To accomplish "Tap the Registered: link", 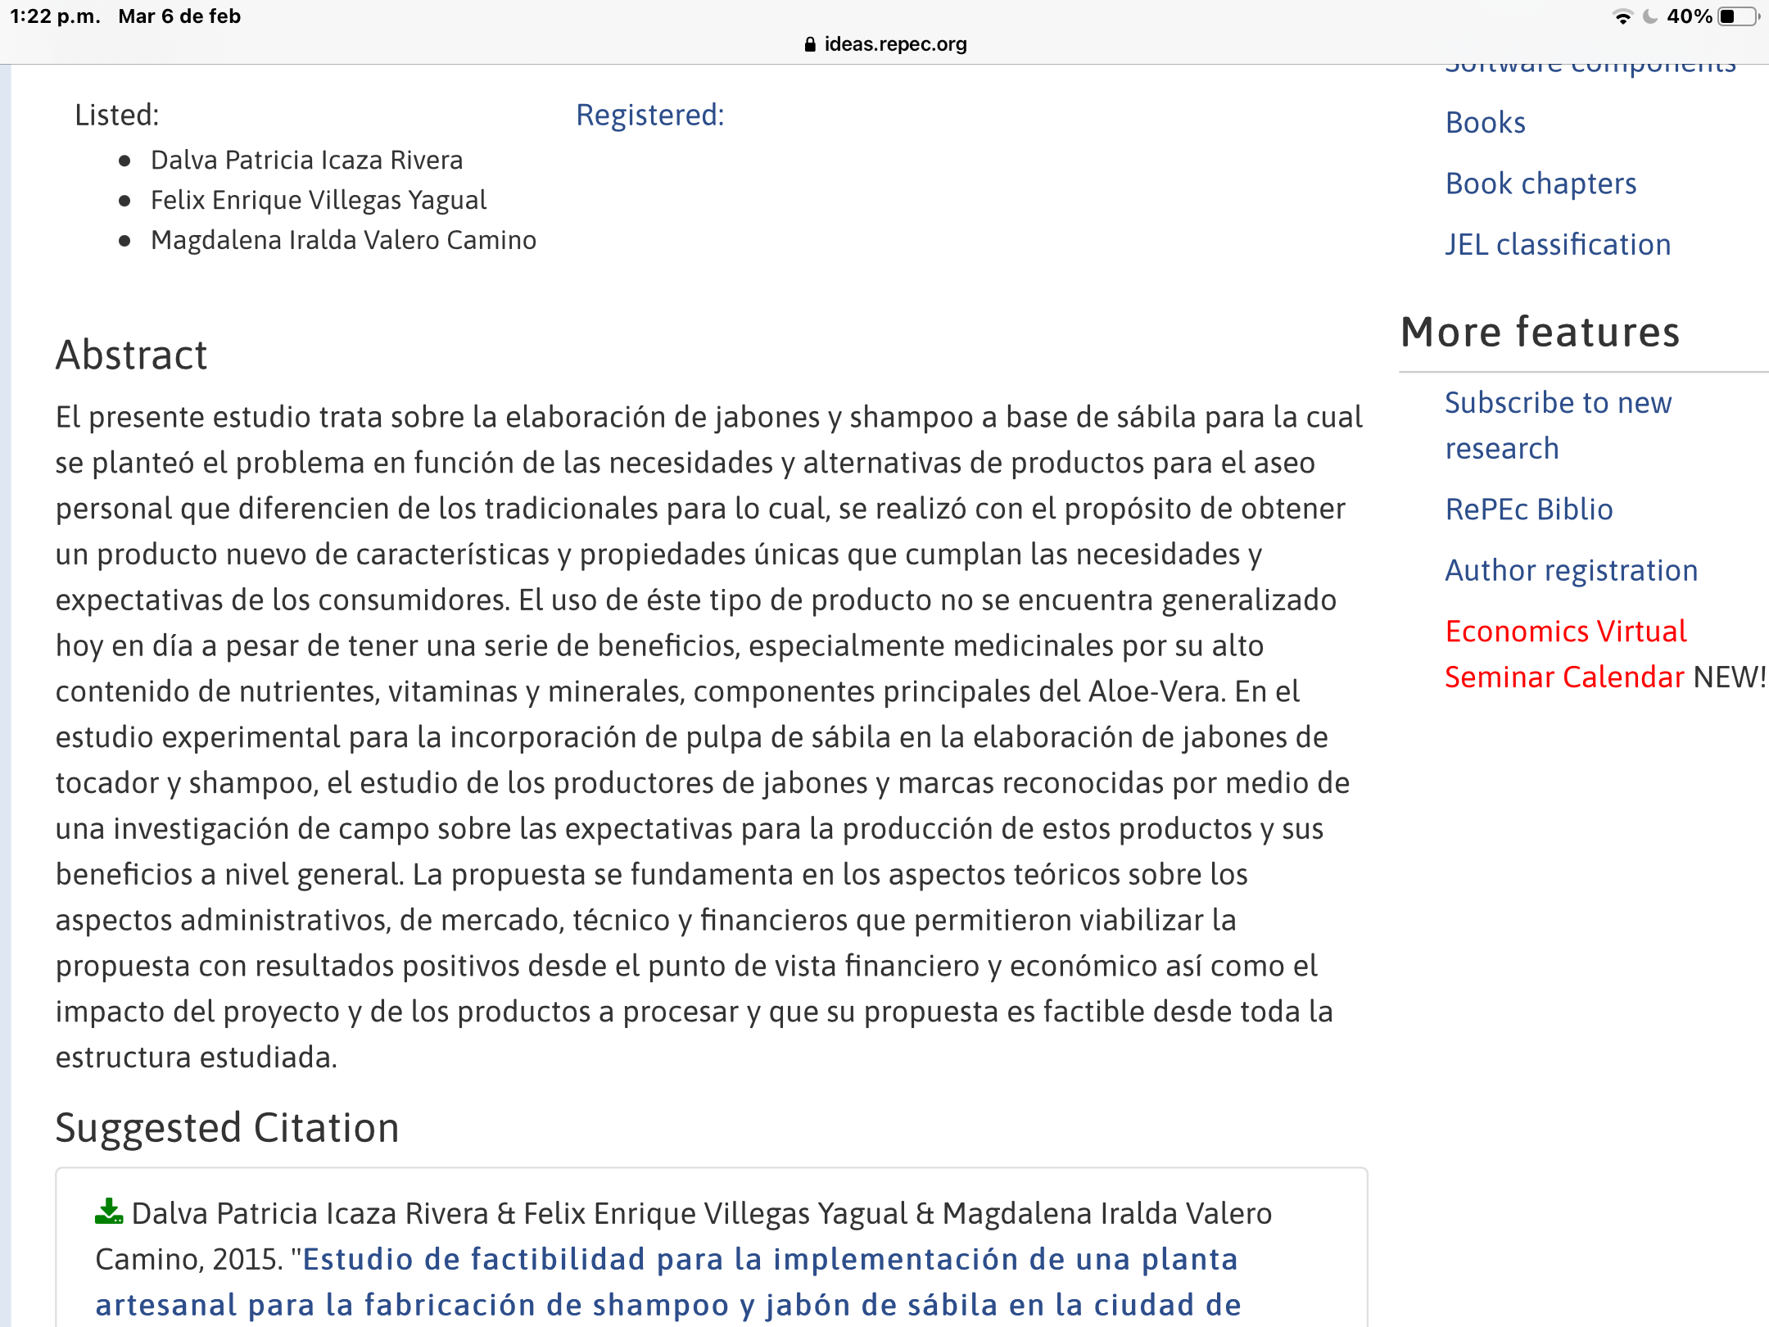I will coord(650,115).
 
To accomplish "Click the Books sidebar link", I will coord(1485,123).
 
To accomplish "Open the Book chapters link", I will coord(1541,183).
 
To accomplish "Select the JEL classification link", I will coord(1557,245).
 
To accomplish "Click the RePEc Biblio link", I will coord(1528,510).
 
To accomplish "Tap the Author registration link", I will coord(1571,571).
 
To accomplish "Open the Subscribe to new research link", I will coord(1557,425).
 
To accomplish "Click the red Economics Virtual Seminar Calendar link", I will coord(1564,654).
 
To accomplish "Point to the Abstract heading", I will coord(131,356).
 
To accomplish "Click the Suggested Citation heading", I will coord(227,1128).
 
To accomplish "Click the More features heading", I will coord(1540,333).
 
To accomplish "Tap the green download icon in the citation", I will coord(108,1212).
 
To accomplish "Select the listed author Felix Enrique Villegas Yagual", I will coord(319,201).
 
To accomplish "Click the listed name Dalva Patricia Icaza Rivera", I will coord(306,161).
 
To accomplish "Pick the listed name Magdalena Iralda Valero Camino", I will coord(343,241).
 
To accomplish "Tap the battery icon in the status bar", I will coord(1736,16).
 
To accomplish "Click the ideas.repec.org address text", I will coord(894,44).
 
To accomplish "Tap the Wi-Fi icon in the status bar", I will coord(1622,16).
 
